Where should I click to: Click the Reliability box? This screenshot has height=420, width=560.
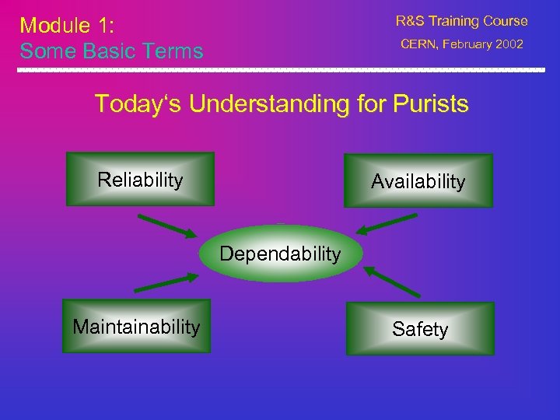[x=140, y=179]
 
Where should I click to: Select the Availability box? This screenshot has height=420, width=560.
[x=418, y=181]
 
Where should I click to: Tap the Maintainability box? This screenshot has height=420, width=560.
[x=136, y=327]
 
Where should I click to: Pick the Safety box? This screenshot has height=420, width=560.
[x=420, y=329]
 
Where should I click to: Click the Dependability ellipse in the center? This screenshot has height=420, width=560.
[x=280, y=254]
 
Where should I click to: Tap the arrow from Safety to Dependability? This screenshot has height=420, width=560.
[x=394, y=282]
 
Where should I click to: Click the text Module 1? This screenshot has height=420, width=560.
[x=67, y=25]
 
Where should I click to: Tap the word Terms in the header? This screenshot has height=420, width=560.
[x=175, y=51]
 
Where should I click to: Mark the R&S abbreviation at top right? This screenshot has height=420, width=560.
[x=412, y=21]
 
